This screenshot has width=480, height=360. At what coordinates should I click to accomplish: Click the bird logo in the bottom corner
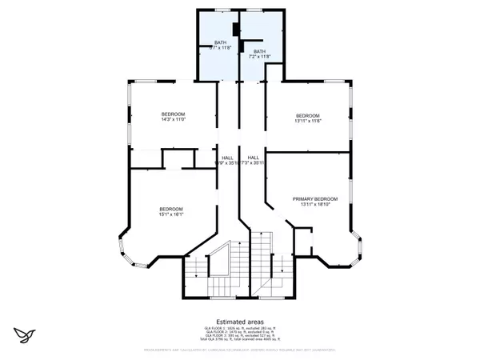(x=23, y=334)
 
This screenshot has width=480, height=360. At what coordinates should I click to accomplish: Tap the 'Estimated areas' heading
(x=239, y=322)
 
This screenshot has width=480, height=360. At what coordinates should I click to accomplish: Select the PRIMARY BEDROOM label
(x=314, y=198)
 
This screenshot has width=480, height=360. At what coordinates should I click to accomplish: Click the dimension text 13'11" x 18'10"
(x=314, y=206)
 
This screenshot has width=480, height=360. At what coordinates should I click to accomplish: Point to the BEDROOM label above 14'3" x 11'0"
(x=174, y=113)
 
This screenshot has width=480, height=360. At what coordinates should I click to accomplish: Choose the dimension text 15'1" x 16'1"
(x=171, y=214)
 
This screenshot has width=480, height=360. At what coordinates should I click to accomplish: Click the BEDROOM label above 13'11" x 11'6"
(x=307, y=114)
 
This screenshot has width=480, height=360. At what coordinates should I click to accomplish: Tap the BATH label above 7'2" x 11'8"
(x=259, y=50)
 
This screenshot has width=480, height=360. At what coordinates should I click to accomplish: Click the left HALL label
(x=227, y=157)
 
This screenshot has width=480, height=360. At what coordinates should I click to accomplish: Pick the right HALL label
(x=253, y=157)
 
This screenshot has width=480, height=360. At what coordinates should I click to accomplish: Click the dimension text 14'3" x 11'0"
(x=174, y=120)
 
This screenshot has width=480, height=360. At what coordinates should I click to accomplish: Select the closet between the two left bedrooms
(x=174, y=158)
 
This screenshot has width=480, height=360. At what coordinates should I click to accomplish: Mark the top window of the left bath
(x=217, y=10)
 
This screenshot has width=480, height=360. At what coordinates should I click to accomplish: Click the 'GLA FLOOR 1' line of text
(x=239, y=329)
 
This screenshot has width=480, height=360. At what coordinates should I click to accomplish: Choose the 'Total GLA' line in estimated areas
(x=239, y=342)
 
